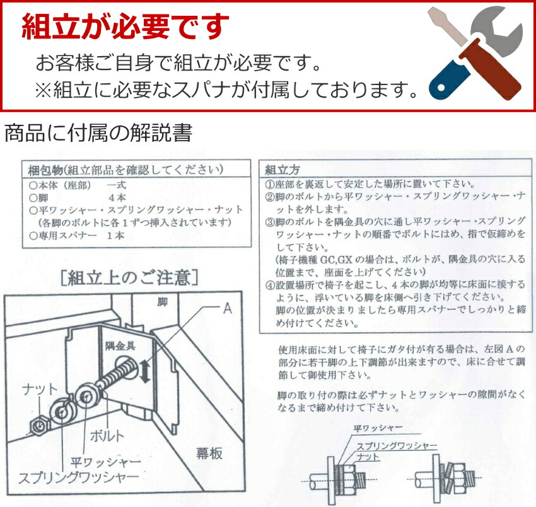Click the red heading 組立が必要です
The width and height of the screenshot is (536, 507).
point(125,26)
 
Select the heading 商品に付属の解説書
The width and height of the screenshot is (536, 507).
point(98,134)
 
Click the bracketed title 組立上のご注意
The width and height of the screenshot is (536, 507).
point(131,277)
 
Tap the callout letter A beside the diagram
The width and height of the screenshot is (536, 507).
point(228,310)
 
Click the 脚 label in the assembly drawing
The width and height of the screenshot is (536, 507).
point(163,302)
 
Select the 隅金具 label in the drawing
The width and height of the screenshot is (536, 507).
point(119,345)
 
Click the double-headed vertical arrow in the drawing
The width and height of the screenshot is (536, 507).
point(146,371)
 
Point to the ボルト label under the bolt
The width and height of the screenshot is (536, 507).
point(107,434)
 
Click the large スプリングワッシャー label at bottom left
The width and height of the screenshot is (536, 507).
point(69,477)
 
